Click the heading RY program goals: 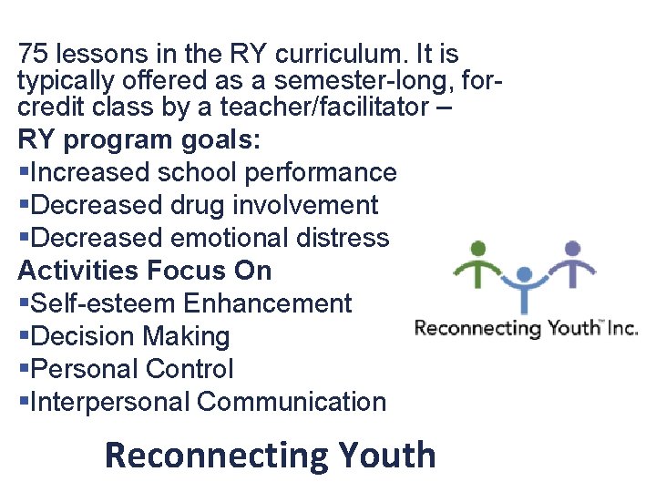click(138, 140)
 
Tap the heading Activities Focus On click(145, 271)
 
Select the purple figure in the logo click(572, 267)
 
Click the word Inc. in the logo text click(623, 328)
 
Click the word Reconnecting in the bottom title click(217, 455)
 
